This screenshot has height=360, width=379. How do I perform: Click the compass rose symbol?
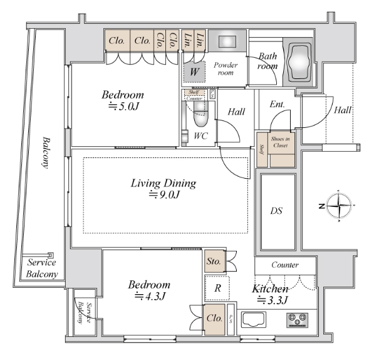339,205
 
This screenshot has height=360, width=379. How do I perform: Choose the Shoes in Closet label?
280,142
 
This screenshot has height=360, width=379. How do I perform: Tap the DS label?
276,211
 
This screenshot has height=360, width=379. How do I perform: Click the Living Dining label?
164,184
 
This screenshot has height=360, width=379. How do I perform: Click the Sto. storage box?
213,260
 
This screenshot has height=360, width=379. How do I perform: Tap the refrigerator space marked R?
217,289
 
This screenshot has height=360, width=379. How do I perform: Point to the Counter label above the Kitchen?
285,265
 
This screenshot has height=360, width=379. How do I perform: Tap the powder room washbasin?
226,42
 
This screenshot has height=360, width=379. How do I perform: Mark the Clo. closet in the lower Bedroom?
213,319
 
